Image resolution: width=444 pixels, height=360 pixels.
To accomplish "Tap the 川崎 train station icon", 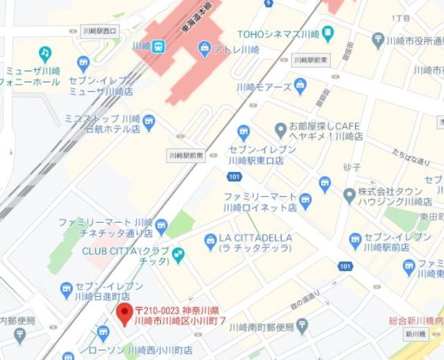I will click(159, 46).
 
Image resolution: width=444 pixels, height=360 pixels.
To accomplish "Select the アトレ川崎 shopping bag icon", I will click(204, 48).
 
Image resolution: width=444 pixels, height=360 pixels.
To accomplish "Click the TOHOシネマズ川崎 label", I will click(277, 33).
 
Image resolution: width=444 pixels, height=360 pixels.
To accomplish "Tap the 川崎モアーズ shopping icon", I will click(300, 87).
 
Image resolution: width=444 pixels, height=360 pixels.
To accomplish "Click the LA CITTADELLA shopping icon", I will click(211, 241).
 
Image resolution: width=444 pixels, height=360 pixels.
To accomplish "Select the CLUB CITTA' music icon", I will click(179, 254).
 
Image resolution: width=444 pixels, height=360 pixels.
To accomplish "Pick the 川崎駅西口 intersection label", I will click(99, 31).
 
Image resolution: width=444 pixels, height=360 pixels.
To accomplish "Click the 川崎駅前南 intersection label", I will click(186, 157).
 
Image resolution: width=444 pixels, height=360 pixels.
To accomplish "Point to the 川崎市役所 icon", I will click(378, 39).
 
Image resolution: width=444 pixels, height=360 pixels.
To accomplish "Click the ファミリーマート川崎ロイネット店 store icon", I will click(306, 201).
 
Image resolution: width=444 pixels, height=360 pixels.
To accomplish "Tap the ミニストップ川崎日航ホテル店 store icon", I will click(149, 123).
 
